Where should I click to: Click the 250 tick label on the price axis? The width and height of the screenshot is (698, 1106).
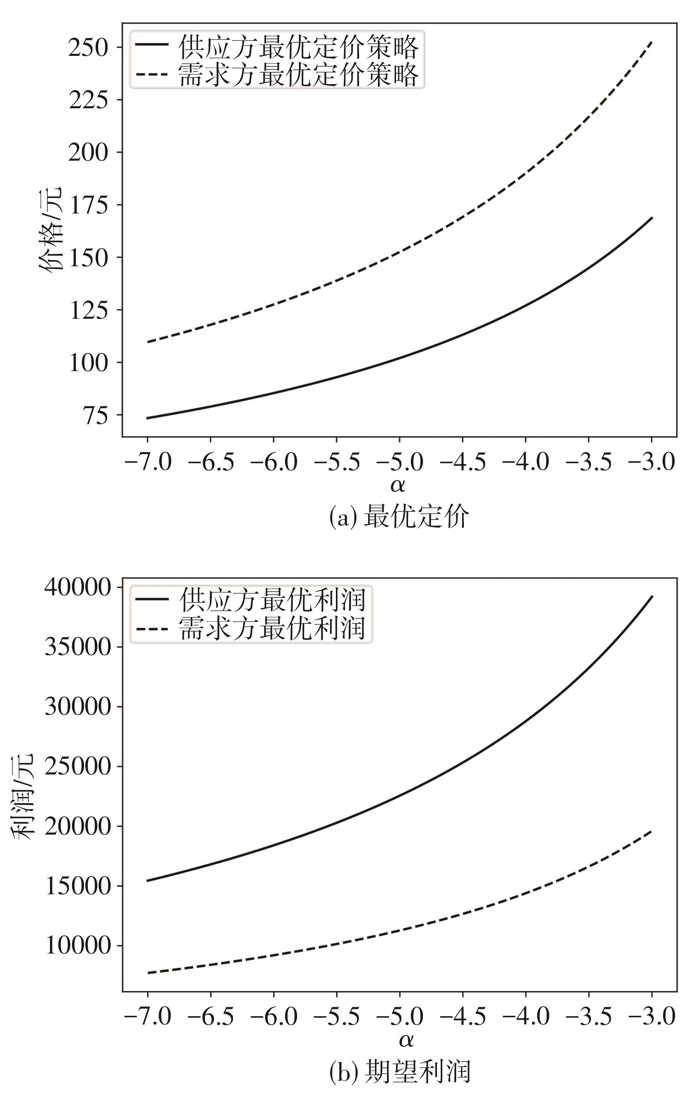tap(88, 48)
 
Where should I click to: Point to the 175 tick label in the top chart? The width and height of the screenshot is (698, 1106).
tap(88, 205)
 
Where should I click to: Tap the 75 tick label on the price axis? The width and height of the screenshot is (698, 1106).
tap(95, 415)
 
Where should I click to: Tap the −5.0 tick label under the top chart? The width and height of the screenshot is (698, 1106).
tap(399, 462)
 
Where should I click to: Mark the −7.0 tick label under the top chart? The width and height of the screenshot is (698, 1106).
tap(147, 462)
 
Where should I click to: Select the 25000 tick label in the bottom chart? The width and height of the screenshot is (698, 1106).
tap(78, 766)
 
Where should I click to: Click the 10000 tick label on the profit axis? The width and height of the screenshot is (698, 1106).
tap(78, 945)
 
